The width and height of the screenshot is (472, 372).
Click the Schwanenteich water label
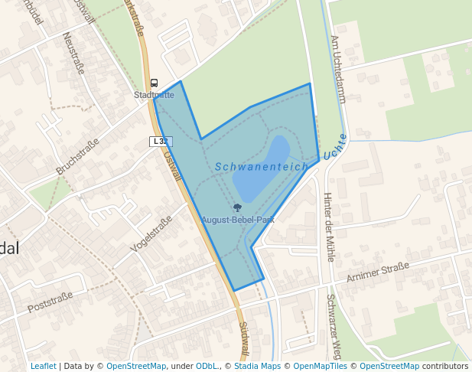(261, 166)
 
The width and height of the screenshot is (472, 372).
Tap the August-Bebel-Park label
(238, 220)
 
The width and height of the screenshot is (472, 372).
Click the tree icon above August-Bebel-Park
(237, 207)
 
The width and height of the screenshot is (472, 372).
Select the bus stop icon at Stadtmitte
(154, 83)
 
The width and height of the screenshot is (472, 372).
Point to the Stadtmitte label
(154, 95)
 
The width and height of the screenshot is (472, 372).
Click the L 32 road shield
(161, 141)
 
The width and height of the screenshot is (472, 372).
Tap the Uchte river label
(335, 146)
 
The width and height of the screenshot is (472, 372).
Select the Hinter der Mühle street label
(328, 227)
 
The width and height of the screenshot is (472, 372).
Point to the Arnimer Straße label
(377, 271)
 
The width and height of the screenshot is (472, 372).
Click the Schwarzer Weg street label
(334, 328)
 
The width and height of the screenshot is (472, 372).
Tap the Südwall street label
(243, 337)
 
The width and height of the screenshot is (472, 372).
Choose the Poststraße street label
(50, 302)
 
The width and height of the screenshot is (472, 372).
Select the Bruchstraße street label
(77, 156)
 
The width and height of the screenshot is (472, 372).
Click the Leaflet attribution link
(43, 367)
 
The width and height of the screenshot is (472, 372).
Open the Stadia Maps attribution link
(256, 367)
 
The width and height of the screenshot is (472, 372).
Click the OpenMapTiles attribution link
(317, 367)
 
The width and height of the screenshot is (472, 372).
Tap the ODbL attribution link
(206, 367)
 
